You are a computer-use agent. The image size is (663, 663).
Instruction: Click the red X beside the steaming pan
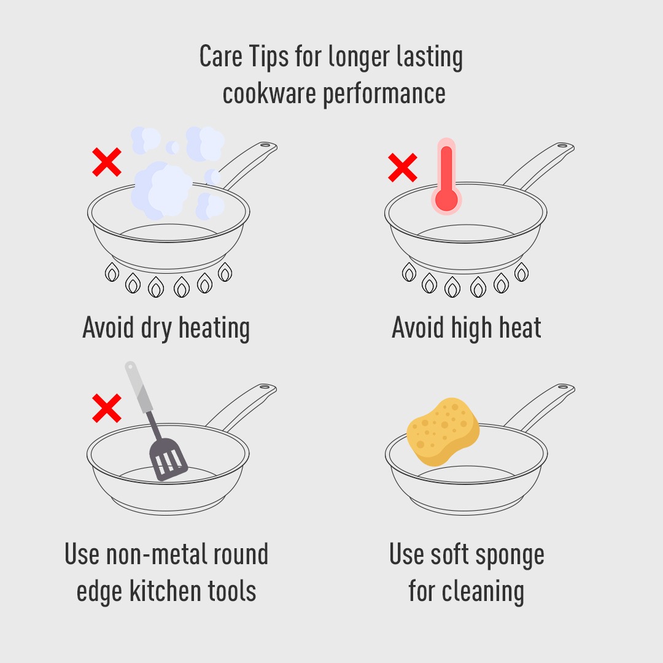pos(107,162)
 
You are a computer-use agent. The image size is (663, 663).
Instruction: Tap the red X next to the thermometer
pos(403,168)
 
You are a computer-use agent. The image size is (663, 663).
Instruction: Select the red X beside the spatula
pos(107,408)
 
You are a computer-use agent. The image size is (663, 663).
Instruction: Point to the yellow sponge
pos(443,432)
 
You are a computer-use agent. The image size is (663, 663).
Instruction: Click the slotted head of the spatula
pos(168,459)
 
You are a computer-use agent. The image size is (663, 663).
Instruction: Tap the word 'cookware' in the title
pos(269,93)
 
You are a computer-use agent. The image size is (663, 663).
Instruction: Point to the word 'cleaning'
pos(483,592)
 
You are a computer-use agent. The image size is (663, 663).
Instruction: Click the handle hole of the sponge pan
pos(563,387)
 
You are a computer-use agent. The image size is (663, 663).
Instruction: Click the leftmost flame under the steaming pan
pos(112,272)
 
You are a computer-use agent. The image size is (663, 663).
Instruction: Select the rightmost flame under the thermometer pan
pos(521,272)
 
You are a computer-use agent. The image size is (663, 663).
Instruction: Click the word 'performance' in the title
pos(384,95)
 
